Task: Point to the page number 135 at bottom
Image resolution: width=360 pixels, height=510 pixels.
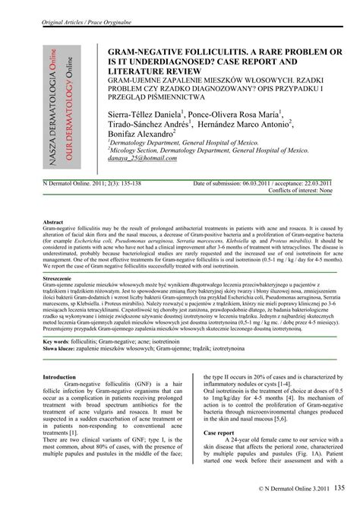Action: (339, 486)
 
